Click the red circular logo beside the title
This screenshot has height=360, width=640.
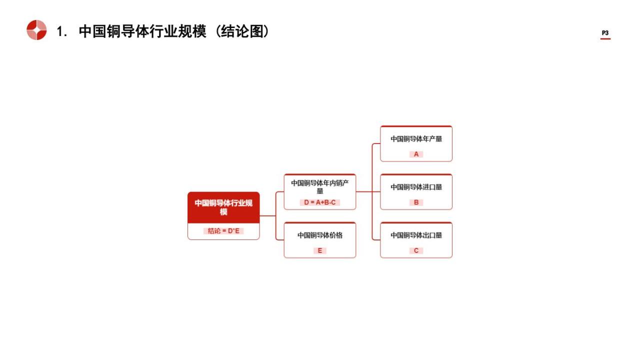coord(36,30)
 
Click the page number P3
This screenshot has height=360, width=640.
coord(605,33)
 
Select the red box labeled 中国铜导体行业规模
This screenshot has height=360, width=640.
coord(223,207)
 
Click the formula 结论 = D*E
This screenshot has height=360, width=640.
coord(223,231)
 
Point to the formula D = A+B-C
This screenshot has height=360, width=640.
coord(319,202)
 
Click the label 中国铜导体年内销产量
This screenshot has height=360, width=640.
coord(319,187)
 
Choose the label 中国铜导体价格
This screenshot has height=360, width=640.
coord(319,235)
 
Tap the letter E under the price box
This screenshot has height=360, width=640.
coord(319,250)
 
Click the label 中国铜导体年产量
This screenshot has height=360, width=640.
coord(416,139)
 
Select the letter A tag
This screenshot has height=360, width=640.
coord(416,154)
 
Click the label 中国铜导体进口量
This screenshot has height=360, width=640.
coord(416,187)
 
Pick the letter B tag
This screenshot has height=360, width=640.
coord(416,202)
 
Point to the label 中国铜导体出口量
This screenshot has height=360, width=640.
coord(416,235)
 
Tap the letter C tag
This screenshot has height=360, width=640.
coord(416,250)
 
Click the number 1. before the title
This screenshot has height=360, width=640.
coord(61,31)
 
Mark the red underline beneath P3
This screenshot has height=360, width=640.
coord(605,38)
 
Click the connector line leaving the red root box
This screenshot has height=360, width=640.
coord(267,215)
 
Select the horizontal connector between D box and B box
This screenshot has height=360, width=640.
coord(368,191)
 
